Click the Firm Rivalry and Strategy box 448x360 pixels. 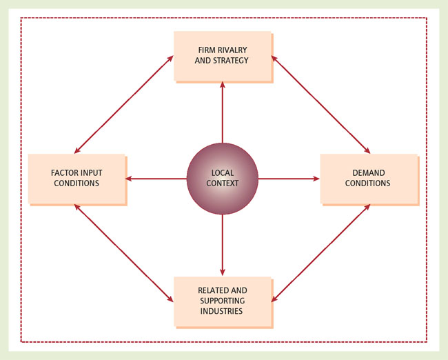pyautogui.click(x=221, y=55)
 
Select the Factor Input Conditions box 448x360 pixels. pyautogui.click(x=77, y=178)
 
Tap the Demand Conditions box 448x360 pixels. pyautogui.click(x=369, y=178)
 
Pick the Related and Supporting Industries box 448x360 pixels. pyautogui.click(x=221, y=301)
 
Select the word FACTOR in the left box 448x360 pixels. pyautogui.click(x=63, y=172)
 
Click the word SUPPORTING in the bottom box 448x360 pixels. pyautogui.click(x=223, y=301)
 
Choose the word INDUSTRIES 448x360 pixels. pyautogui.click(x=223, y=311)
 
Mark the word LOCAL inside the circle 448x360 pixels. pyautogui.click(x=223, y=172)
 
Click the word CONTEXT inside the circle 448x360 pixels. pyautogui.click(x=223, y=183)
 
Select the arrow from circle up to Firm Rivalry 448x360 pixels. pyautogui.click(x=223, y=110)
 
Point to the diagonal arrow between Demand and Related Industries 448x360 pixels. pyautogui.click(x=320, y=253)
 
